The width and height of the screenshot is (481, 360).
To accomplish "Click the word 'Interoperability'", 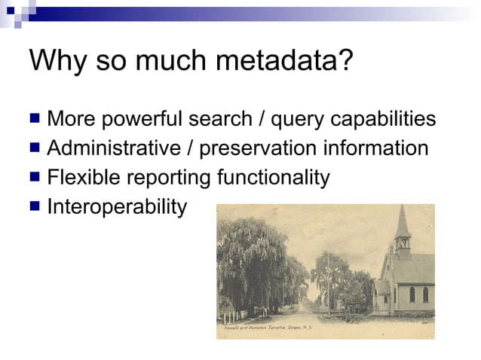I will click(x=117, y=206).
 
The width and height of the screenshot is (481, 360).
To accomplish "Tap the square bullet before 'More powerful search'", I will click(x=35, y=119).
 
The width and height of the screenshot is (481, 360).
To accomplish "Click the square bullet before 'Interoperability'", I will click(x=35, y=206).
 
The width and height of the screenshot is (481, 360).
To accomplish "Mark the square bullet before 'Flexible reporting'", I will click(x=35, y=177).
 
